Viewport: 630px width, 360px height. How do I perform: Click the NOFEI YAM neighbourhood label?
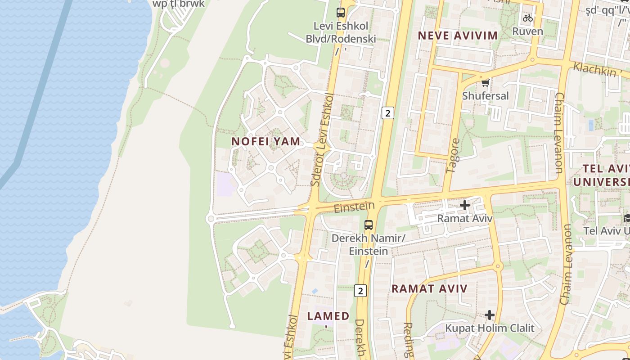tap(265, 141)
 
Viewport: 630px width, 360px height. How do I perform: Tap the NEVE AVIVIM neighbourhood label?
tap(458, 36)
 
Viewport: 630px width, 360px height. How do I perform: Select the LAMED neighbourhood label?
tap(328, 316)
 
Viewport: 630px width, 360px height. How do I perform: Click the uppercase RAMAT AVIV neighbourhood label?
tap(429, 289)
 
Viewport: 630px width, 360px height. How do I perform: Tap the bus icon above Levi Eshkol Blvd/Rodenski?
tap(341, 13)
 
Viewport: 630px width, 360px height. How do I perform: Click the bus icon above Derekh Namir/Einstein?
tap(369, 225)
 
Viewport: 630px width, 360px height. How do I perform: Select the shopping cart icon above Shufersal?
tap(485, 83)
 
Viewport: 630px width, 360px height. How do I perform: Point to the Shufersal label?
tap(486, 96)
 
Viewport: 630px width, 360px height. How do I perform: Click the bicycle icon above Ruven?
tap(528, 18)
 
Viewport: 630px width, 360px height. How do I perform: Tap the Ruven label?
tap(528, 31)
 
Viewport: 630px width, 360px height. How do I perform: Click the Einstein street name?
tap(354, 207)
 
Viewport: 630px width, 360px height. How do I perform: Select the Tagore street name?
tap(453, 156)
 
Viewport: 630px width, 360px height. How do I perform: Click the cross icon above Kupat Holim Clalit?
tap(490, 315)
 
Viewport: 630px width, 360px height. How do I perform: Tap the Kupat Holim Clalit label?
tap(490, 328)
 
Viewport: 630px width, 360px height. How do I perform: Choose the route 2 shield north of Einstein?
tap(387, 113)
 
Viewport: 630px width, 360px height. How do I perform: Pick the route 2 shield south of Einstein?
tap(360, 291)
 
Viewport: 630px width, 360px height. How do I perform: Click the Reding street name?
tap(408, 340)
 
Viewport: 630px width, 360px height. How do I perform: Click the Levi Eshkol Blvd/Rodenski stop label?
tap(341, 32)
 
